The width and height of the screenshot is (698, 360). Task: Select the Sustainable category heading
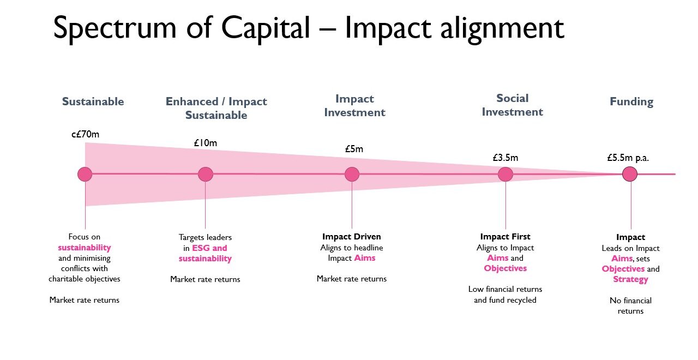(x=93, y=101)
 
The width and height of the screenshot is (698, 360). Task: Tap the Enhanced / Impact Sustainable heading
(x=216, y=108)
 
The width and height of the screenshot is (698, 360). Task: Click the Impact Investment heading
(x=354, y=106)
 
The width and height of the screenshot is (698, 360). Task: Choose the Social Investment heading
(x=512, y=105)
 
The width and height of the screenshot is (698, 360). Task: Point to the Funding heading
(x=631, y=101)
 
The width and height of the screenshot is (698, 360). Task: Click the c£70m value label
(x=85, y=134)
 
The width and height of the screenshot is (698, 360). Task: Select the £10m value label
(x=205, y=143)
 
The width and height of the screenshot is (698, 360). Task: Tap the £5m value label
(x=353, y=149)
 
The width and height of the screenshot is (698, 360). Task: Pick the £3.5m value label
(x=505, y=158)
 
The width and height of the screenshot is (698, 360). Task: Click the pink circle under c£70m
(x=85, y=174)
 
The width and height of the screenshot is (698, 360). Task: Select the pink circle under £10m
(x=205, y=174)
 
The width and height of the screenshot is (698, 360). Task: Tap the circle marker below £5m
(x=352, y=174)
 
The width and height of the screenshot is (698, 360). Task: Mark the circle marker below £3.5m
(x=506, y=174)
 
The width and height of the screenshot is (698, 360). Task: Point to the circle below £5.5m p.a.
(x=630, y=174)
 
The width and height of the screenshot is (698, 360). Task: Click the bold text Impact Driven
(x=351, y=237)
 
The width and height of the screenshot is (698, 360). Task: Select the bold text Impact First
(x=505, y=237)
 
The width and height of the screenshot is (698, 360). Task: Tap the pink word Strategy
(x=630, y=279)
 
